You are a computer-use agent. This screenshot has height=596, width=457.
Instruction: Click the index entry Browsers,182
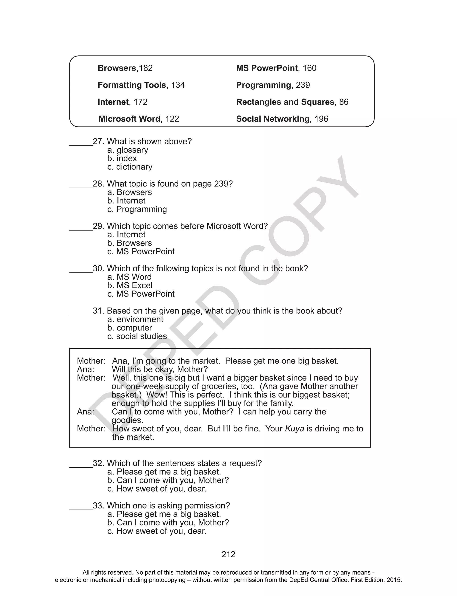click(x=125, y=68)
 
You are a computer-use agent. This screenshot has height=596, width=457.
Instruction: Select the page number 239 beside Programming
click(x=303, y=85)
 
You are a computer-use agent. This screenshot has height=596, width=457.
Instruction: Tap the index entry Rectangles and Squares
click(x=285, y=102)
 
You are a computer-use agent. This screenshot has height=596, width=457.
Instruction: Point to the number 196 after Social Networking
click(x=321, y=119)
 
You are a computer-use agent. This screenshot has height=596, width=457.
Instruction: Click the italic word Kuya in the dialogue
click(x=294, y=429)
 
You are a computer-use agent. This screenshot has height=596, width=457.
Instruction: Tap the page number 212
click(x=228, y=554)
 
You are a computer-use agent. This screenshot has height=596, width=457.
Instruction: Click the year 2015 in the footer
click(x=394, y=580)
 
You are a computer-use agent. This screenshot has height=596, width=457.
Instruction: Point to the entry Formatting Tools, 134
click(x=141, y=85)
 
